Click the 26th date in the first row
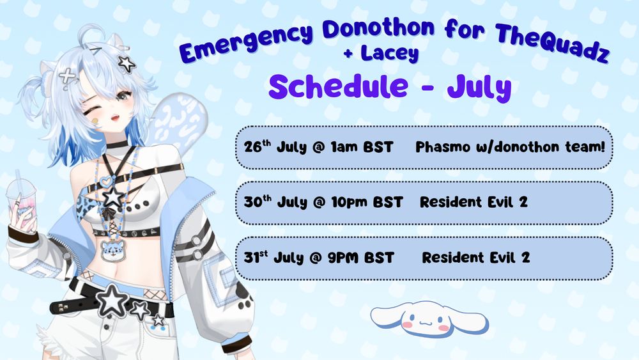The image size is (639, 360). pos(256,146)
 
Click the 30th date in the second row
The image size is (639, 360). pos(257,202)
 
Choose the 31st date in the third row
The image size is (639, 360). pos(256,258)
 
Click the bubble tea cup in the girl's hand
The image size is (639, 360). pos(23,200)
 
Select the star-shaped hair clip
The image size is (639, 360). pos(126,63)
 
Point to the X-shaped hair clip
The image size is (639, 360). pos(67,75)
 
